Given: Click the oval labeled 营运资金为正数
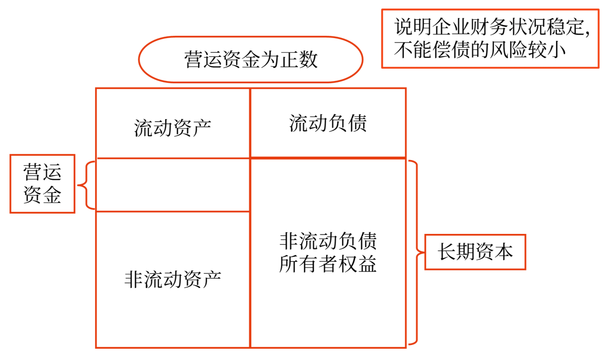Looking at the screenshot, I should [x=251, y=60].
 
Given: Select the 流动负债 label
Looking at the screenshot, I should [x=328, y=123].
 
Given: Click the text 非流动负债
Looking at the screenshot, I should [x=328, y=242].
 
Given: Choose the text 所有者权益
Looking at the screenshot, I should [x=328, y=264].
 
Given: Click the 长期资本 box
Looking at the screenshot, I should [x=475, y=253].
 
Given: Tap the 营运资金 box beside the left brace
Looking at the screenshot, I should [x=42, y=184].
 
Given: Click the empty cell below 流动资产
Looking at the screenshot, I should [x=173, y=185].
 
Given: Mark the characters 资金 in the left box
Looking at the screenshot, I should [x=42, y=194].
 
